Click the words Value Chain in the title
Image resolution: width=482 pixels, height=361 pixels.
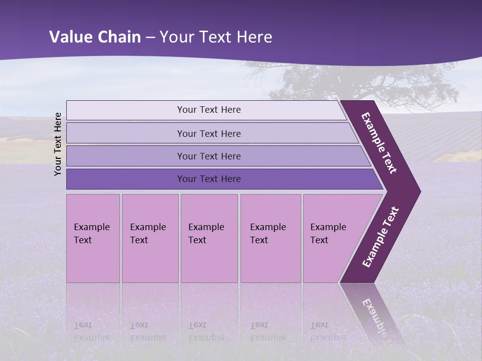pos(95,37)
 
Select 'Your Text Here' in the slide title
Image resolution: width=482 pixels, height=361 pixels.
pos(216,37)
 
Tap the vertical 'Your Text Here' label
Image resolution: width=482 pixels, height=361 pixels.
pos(58,144)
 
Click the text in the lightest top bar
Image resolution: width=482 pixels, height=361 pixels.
pos(209,110)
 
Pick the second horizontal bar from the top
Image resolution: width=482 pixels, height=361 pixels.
pos(209,133)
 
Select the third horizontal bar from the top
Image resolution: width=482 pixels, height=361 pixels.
pos(209,156)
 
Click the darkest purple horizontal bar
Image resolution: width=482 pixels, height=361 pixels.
pos(209,179)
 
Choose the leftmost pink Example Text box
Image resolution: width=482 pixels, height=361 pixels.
pos(93,238)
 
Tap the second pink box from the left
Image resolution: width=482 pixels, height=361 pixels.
pos(150,238)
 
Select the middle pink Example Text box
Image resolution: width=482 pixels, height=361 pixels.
pos(209,238)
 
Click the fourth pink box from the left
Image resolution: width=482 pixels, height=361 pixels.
pos(271,238)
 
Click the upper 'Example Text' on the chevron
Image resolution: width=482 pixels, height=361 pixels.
pos(379,143)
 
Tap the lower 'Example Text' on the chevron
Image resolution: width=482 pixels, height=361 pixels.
pos(380,237)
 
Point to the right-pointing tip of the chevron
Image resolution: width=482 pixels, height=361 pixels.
pos(418,192)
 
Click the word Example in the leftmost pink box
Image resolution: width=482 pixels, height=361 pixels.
pos(91,227)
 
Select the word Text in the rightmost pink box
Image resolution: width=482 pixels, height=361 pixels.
pos(319,240)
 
